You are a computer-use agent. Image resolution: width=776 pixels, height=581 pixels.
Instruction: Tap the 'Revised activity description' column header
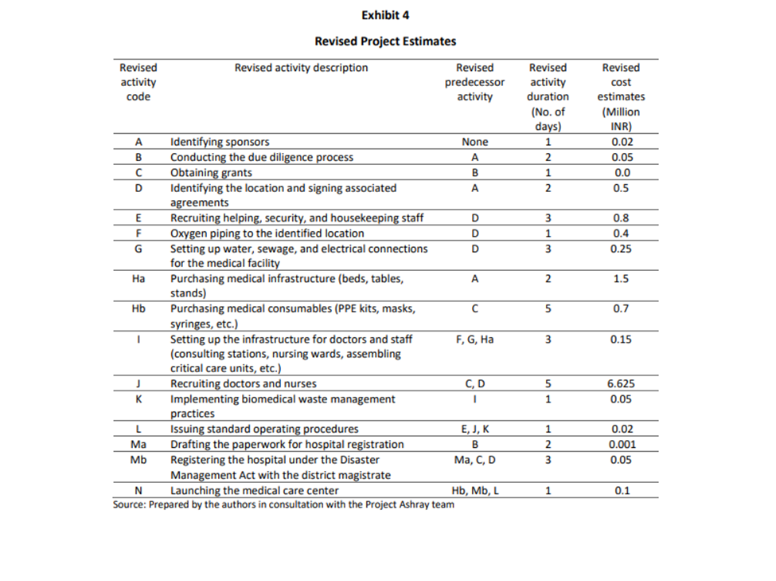(301, 68)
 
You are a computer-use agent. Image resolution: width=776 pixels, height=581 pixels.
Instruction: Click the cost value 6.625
(620, 383)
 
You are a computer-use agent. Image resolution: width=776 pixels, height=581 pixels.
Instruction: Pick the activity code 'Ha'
(138, 279)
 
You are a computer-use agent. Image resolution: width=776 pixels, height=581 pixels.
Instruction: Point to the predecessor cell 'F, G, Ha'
(474, 339)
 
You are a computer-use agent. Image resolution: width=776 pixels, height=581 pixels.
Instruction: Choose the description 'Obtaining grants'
(211, 172)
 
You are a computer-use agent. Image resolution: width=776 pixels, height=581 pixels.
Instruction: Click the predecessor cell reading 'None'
(474, 142)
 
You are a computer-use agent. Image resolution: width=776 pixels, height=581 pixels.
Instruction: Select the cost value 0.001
(620, 444)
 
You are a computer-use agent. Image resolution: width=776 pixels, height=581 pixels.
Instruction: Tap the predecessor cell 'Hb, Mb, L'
(474, 490)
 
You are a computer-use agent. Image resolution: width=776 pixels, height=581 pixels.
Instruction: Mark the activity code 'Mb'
(138, 459)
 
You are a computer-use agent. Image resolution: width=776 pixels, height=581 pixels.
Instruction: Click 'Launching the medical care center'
(254, 490)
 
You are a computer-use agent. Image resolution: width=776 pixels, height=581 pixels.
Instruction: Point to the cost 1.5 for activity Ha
(620, 279)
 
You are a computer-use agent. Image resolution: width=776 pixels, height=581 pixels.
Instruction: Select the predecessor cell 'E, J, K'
(474, 429)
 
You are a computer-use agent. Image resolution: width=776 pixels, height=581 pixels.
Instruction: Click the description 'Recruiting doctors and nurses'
(244, 383)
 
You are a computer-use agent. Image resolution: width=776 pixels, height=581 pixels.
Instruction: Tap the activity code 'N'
(138, 490)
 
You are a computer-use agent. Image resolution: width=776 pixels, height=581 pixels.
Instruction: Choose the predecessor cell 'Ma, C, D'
(474, 459)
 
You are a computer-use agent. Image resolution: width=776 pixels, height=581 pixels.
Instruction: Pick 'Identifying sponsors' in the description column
(220, 142)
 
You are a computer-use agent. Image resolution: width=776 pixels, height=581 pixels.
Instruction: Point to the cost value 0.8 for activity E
(620, 218)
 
